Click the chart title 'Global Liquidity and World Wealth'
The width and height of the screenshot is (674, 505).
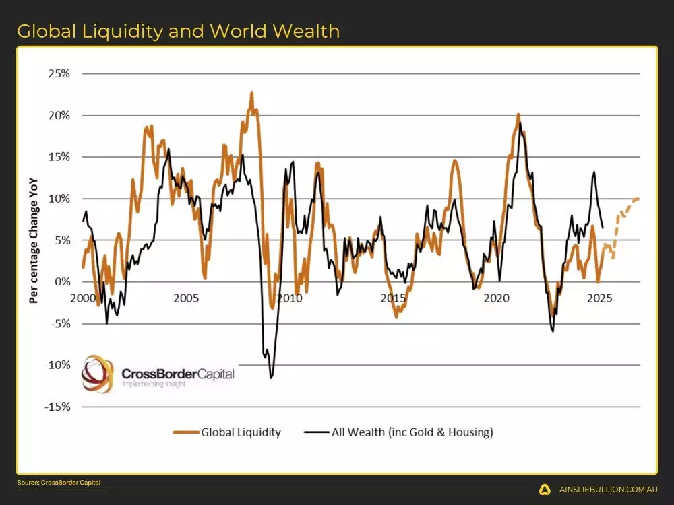pyautogui.click(x=178, y=31)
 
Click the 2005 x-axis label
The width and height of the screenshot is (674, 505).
pyautogui.click(x=186, y=298)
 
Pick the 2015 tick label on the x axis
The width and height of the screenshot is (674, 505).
pyautogui.click(x=393, y=298)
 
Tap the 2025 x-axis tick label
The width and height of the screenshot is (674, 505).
pyautogui.click(x=600, y=298)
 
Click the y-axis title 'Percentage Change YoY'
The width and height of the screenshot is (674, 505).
pyautogui.click(x=33, y=240)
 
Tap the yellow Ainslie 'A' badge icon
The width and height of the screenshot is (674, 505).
pyautogui.click(x=544, y=490)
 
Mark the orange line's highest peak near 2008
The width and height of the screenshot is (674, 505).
pyautogui.click(x=251, y=93)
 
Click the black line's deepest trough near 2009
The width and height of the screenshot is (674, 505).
pyautogui.click(x=271, y=378)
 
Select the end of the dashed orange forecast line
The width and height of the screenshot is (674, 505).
pyautogui.click(x=638, y=199)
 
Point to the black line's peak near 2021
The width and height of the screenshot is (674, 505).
pyautogui.click(x=520, y=123)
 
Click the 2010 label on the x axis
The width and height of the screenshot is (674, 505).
pyautogui.click(x=290, y=298)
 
